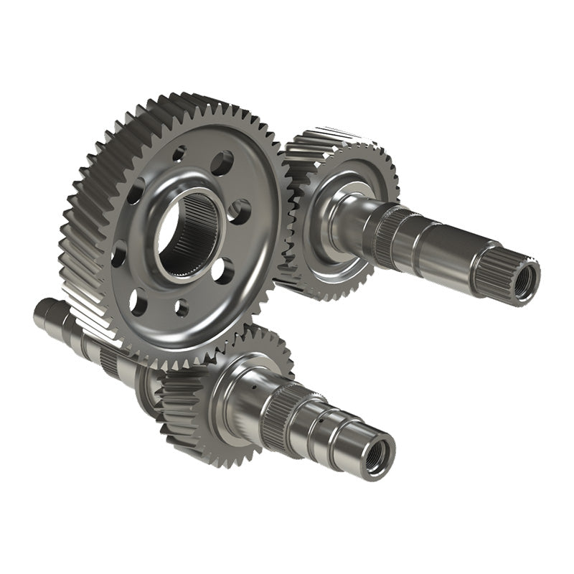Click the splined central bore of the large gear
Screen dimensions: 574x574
[188, 234]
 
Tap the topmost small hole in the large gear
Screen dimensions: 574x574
[179, 153]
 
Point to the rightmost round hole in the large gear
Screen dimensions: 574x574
[240, 212]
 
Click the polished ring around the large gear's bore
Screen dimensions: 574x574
[188, 194]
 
